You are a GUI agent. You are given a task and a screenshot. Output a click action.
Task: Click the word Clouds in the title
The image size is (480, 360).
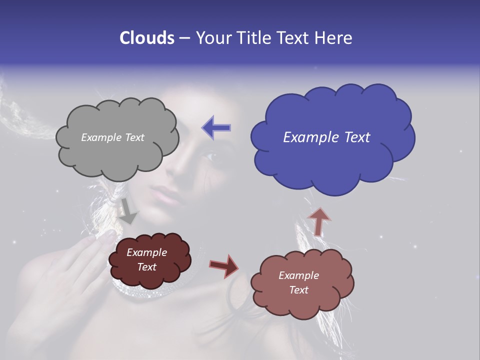point(147,38)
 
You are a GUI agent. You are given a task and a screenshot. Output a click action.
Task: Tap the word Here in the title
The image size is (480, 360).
point(333,38)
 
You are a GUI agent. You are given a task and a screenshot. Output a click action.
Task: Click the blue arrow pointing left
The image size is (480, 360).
point(216,127)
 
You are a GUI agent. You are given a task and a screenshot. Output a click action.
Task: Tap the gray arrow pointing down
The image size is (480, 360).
point(128,211)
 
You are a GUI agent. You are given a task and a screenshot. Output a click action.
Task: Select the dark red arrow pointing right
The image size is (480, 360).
point(224,265)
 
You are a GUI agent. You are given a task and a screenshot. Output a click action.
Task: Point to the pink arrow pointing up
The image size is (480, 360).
point(319,221)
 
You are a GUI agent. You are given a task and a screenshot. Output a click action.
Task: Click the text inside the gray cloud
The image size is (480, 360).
point(112,137)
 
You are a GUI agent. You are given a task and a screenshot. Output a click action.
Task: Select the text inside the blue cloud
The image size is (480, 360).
point(326,137)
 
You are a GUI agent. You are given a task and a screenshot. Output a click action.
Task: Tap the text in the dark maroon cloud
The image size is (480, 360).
point(147,260)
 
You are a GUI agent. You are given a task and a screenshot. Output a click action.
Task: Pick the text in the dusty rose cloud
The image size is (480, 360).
point(298,282)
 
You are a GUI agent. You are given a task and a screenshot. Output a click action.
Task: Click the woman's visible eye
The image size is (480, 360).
point(209,156)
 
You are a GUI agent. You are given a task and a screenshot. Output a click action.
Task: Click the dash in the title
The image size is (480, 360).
point(184,38)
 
